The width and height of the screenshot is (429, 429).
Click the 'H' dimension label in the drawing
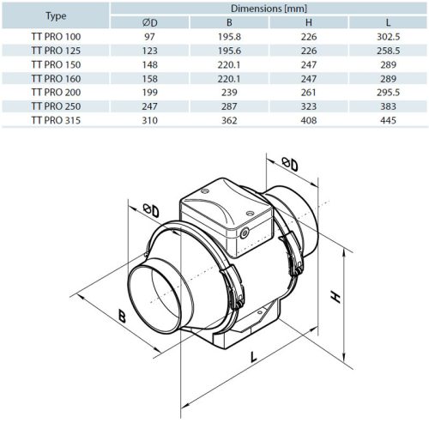337,296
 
